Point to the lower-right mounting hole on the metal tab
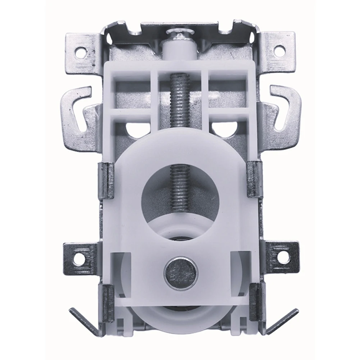[x=283, y=256]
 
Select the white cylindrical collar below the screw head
[x=179, y=50]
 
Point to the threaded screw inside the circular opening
[x=179, y=187]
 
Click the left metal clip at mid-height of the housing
[x=107, y=180]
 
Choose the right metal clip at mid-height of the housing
[x=254, y=179]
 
